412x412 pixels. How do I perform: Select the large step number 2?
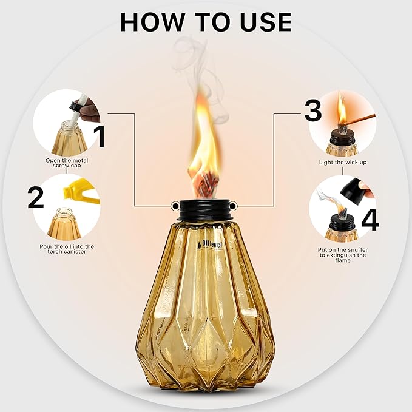35,198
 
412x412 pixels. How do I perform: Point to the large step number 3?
312,110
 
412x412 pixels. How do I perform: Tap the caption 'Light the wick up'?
343,163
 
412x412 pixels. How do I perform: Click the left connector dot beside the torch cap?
175,204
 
